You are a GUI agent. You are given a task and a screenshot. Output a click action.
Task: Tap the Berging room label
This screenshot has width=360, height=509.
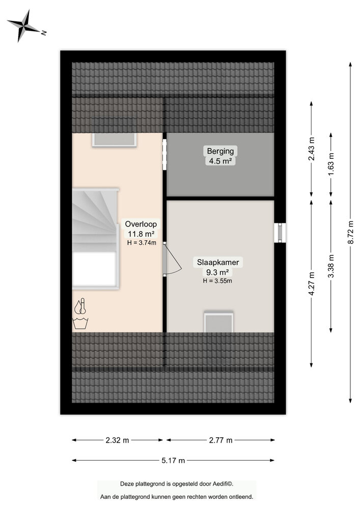[x=220, y=151]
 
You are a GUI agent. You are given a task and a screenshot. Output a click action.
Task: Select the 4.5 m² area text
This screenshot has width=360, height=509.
[x=220, y=161]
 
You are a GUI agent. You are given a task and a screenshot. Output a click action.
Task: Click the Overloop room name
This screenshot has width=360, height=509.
[x=141, y=223]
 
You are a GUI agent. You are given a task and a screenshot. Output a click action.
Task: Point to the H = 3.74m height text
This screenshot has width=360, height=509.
[x=141, y=243]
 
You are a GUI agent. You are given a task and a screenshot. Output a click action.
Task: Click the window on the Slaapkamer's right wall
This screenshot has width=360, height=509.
[x=280, y=233]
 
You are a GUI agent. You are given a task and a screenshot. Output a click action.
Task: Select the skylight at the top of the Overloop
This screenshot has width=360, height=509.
[x=115, y=139]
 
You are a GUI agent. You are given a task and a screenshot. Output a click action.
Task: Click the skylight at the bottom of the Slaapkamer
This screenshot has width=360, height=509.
[x=218, y=322]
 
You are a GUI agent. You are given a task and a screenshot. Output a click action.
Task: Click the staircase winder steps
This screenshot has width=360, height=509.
[x=94, y=214]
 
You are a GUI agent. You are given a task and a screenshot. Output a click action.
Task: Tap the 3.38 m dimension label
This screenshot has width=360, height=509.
[x=331, y=265]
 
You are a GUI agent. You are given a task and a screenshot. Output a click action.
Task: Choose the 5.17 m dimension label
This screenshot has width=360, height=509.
[x=173, y=461]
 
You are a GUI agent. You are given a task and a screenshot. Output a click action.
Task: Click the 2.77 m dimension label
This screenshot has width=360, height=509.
[x=220, y=440]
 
